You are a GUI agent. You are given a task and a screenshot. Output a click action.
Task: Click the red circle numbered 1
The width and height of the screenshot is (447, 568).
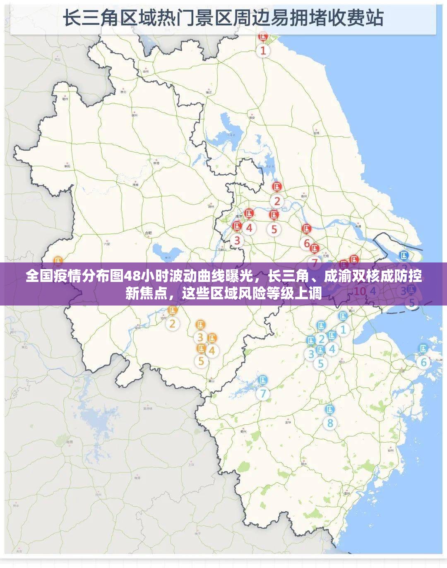263,51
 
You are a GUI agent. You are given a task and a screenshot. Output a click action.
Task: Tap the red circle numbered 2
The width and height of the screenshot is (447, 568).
277,202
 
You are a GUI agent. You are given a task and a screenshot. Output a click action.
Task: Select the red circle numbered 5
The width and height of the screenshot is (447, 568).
274,229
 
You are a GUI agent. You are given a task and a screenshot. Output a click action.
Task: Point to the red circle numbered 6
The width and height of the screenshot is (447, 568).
307,243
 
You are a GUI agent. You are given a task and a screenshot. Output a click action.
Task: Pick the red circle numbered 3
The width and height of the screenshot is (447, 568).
237,240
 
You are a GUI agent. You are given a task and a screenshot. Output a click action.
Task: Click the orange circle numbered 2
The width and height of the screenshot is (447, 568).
172,323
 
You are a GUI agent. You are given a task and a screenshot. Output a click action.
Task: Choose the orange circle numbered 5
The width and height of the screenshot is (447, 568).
201,361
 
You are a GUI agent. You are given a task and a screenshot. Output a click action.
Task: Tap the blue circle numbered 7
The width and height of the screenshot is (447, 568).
263,393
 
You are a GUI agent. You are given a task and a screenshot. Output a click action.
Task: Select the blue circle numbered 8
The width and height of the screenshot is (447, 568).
330,423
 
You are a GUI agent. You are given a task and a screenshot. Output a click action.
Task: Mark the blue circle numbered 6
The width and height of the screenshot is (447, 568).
423,362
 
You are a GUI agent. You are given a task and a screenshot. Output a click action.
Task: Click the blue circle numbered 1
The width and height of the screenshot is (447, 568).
343,330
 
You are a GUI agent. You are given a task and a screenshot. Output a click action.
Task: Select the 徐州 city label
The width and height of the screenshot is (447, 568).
145,71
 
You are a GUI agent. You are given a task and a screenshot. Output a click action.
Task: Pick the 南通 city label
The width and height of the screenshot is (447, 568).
358,226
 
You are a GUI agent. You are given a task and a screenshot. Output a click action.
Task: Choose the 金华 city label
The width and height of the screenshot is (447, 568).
288,422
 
